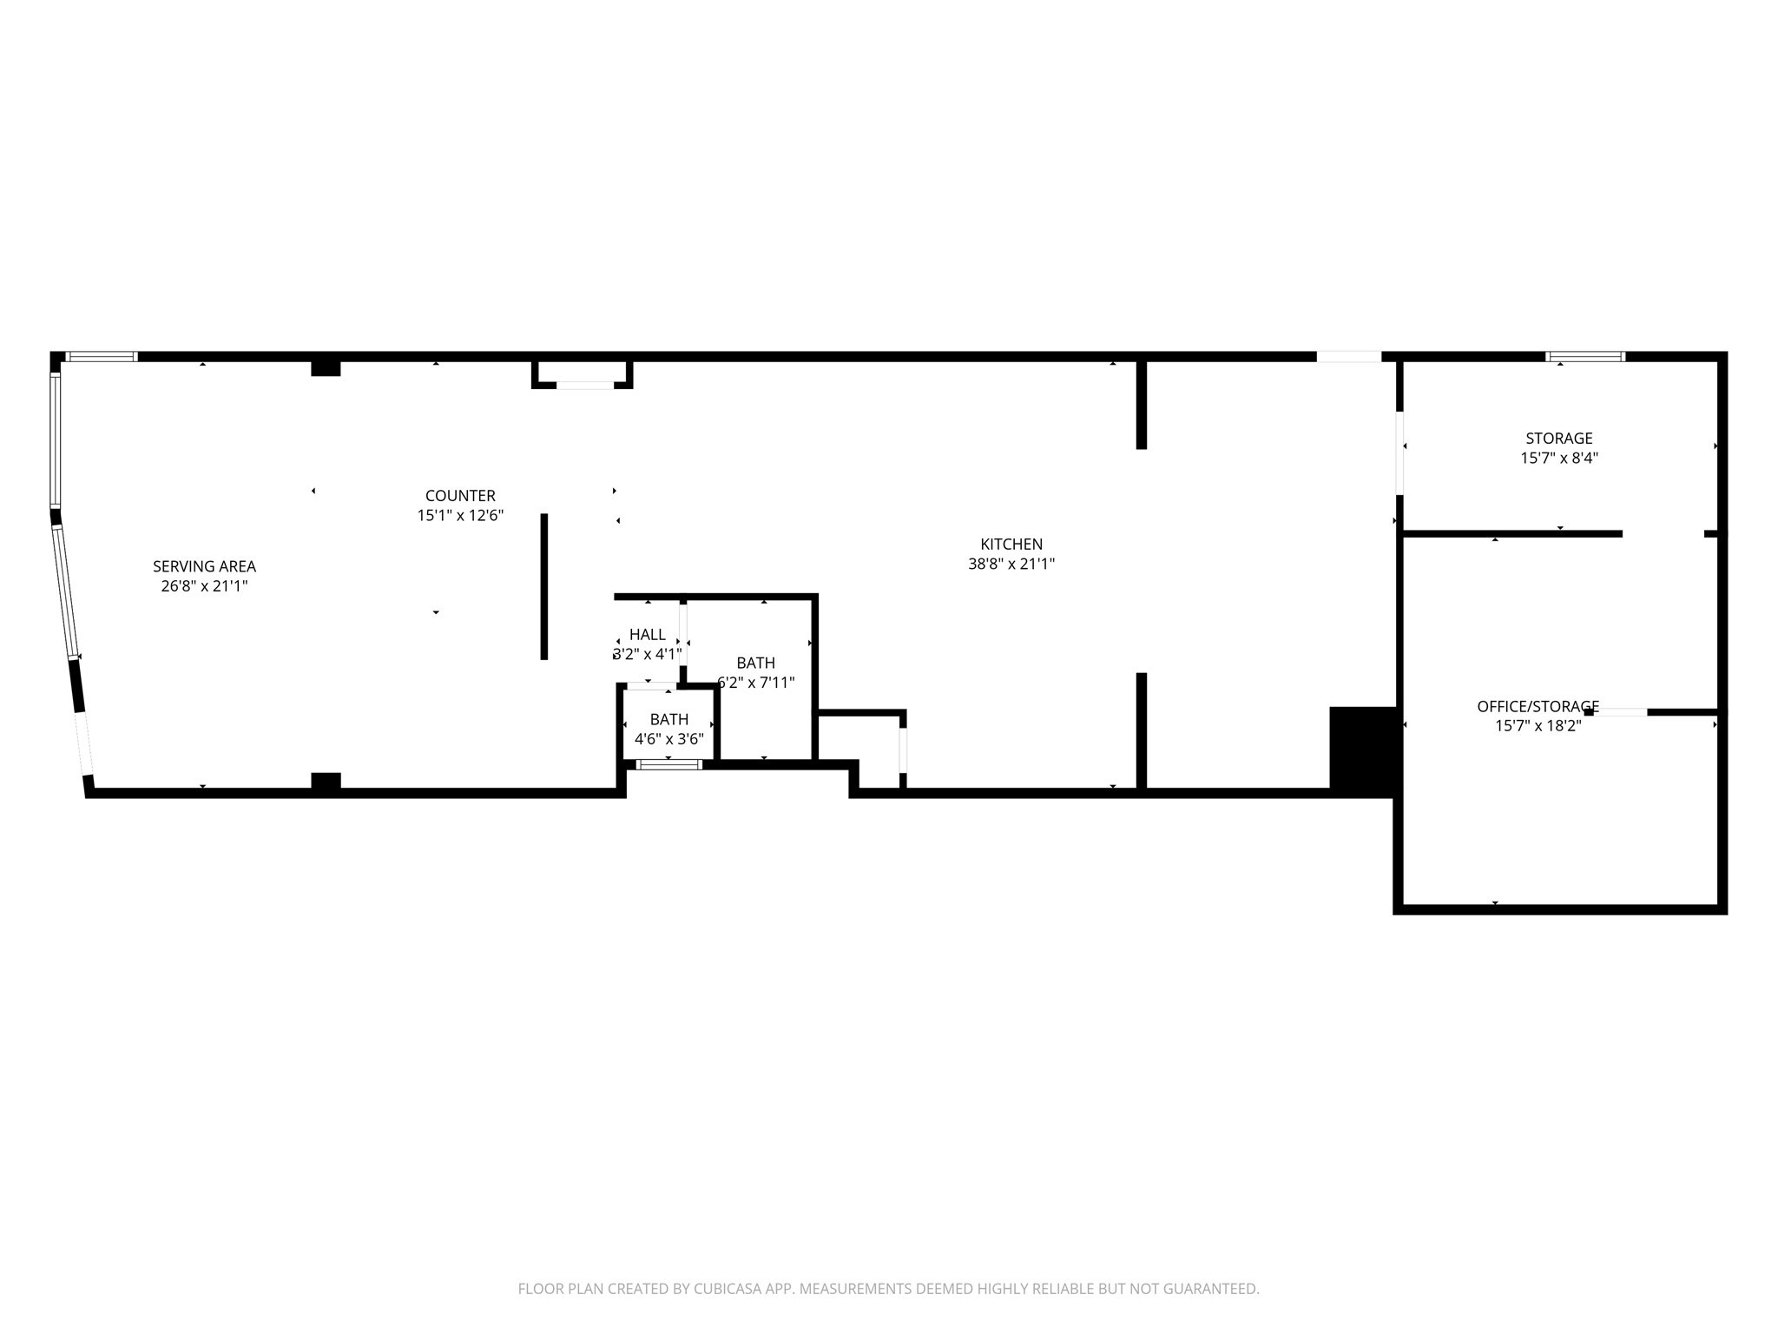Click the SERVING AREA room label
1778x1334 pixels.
204,566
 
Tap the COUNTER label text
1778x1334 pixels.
460,496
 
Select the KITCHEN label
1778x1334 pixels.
1011,545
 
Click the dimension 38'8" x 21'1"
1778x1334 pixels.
1011,564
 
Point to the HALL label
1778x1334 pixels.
648,635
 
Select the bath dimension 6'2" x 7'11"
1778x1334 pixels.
756,683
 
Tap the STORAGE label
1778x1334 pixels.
1559,439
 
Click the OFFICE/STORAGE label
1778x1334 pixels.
1538,707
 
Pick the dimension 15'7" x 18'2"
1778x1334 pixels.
1538,726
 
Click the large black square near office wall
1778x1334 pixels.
1362,750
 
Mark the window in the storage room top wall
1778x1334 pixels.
1585,356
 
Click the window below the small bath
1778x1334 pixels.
668,765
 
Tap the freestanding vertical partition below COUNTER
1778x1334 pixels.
544,586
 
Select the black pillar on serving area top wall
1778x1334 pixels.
326,367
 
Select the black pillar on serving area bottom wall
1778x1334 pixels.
326,781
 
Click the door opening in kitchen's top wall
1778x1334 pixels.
1348,356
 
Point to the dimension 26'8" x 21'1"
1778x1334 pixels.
204,586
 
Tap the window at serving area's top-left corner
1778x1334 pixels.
102,356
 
